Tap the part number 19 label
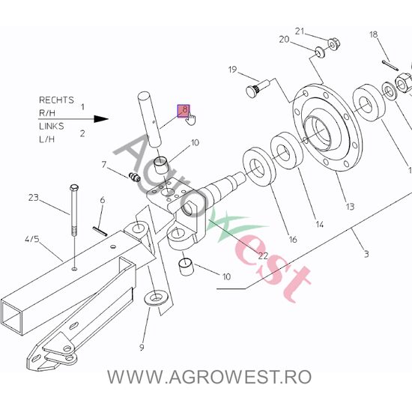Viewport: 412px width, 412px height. [x=232, y=70]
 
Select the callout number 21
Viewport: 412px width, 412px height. [x=300, y=31]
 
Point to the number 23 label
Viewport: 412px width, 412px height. [x=33, y=198]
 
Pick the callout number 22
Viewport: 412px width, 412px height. [x=263, y=255]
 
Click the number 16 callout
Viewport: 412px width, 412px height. [x=292, y=240]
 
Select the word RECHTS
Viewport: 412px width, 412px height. [x=55, y=99]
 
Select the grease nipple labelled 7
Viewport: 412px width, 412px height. [x=134, y=177]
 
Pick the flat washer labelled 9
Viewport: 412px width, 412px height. [x=156, y=299]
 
